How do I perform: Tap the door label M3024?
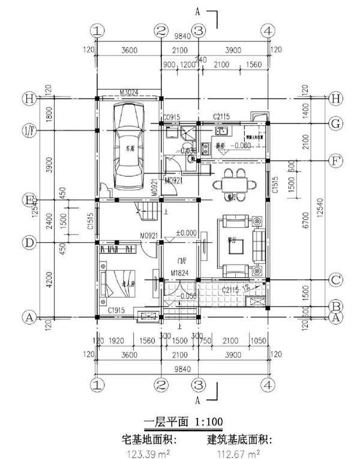(129, 92)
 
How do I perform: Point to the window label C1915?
(116, 310)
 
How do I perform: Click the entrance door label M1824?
(179, 273)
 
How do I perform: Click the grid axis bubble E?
(28, 200)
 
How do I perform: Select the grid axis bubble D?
(28, 242)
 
